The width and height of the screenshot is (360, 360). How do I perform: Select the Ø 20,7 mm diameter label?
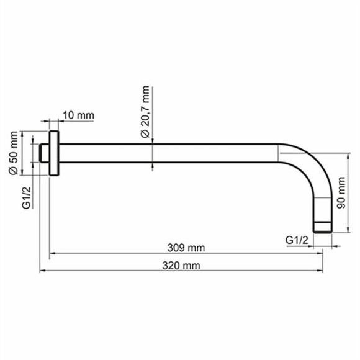click(x=145, y=112)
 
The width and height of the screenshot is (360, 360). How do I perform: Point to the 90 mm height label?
click(x=340, y=192)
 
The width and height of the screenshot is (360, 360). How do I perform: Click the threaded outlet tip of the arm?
click(x=323, y=227)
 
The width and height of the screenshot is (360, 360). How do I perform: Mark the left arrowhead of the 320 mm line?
click(x=42, y=271)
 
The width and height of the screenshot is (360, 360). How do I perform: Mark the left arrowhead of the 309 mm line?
click(x=53, y=253)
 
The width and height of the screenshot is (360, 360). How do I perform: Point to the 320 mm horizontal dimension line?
click(x=124, y=271)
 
